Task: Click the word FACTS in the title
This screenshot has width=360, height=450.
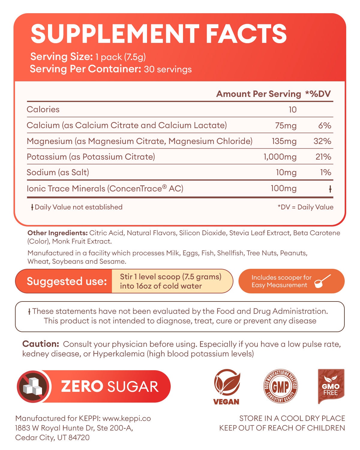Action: pyautogui.click(x=246, y=34)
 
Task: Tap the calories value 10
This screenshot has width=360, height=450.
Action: pyautogui.click(x=292, y=109)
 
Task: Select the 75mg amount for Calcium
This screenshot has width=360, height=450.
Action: pyautogui.click(x=286, y=125)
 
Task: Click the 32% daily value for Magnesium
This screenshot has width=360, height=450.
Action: pyautogui.click(x=322, y=141)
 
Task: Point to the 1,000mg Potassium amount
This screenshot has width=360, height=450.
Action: pyautogui.click(x=280, y=157)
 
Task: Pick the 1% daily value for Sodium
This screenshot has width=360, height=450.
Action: pyautogui.click(x=325, y=172)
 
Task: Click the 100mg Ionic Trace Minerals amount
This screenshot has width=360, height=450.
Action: pyautogui.click(x=283, y=188)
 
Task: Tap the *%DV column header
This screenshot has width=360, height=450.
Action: pyautogui.click(x=318, y=94)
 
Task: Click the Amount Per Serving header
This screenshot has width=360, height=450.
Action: pyautogui.click(x=258, y=94)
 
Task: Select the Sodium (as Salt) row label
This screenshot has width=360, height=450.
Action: pyautogui.click(x=58, y=172)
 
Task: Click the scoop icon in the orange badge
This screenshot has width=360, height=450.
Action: pyautogui.click(x=322, y=281)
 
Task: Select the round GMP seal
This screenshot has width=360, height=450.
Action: pyautogui.click(x=280, y=386)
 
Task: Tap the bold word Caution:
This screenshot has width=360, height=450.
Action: pyautogui.click(x=40, y=344)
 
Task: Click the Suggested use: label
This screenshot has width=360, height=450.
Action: pyautogui.click(x=67, y=281)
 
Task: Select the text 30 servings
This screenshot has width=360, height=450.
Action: pyautogui.click(x=168, y=69)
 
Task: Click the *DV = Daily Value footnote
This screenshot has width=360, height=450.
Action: pyautogui.click(x=305, y=207)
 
